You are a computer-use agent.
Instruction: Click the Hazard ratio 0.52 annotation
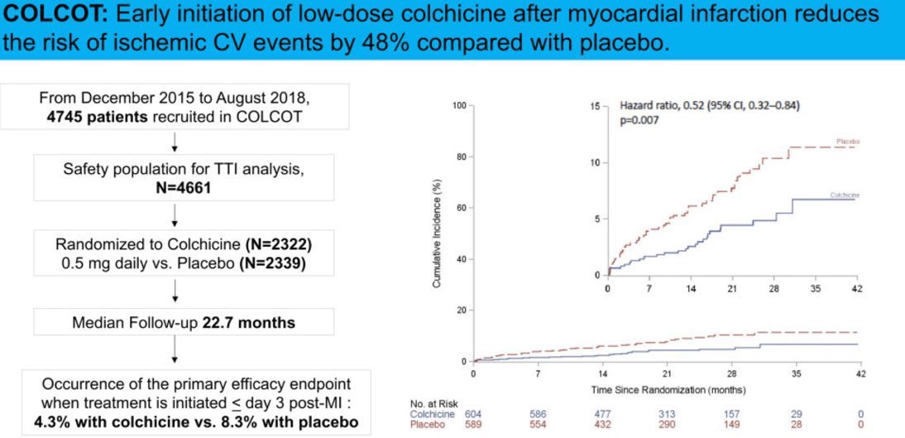point(710,106)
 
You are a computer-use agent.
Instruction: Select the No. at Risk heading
point(433,403)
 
